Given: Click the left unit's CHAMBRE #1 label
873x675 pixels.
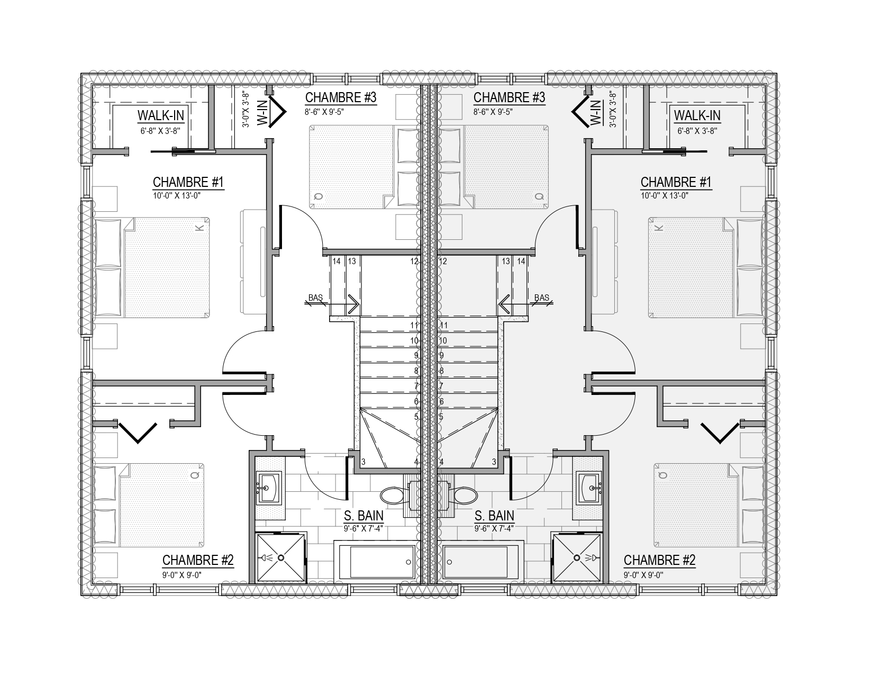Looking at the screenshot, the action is tap(188, 182).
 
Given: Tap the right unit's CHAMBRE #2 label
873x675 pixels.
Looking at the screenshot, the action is tap(659, 560).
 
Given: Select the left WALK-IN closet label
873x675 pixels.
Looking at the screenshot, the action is tap(161, 115).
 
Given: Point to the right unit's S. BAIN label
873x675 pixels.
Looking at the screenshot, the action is tap(494, 516).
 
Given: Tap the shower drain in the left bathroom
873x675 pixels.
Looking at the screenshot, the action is tap(281, 557).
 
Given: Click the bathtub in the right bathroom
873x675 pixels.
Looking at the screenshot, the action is tap(483, 561).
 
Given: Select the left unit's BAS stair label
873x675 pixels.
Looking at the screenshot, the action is tap(315, 298).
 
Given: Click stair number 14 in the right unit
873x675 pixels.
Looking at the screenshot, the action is tap(521, 262).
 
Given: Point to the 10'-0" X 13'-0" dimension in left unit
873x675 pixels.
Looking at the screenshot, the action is tap(176, 196).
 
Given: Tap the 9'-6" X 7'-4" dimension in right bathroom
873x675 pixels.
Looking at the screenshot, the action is tap(494, 528).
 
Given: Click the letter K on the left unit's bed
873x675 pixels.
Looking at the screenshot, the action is tap(199, 228).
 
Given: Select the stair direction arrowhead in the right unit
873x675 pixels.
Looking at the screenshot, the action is tap(504, 304).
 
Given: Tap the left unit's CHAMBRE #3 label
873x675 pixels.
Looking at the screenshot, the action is tap(341, 97).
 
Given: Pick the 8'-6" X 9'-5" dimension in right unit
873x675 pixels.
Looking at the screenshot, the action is tap(493, 112).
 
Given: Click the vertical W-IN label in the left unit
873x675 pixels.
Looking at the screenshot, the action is tap(262, 113).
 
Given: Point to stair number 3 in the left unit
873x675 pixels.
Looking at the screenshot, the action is tap(363, 462).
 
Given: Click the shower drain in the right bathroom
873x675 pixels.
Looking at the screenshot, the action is tap(577, 557).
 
